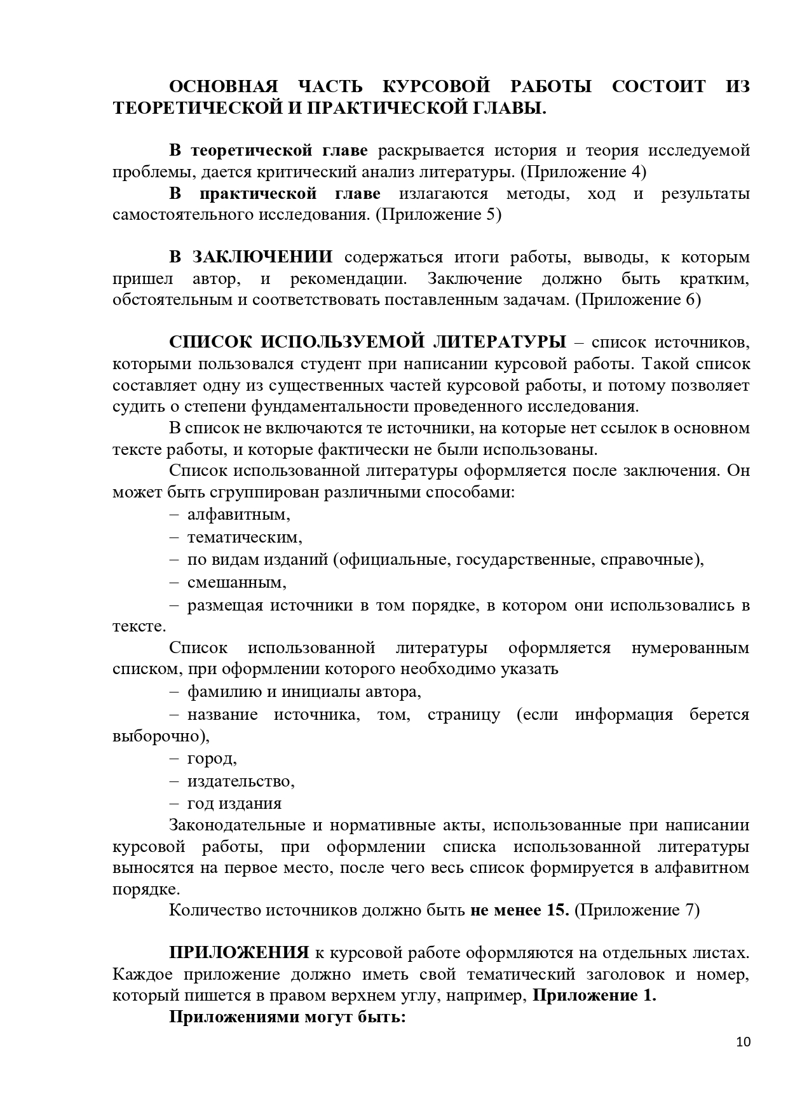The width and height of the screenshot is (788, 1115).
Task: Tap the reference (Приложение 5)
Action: pos(438,215)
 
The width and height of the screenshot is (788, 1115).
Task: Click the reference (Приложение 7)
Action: pos(637,910)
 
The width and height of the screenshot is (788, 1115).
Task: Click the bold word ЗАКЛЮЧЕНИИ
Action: pos(262,257)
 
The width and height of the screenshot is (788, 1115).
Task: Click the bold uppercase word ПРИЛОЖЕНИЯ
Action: pos(239,953)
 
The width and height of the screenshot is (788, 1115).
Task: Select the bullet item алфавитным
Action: pos(238,514)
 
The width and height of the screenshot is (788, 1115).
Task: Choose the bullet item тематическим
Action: pos(245,537)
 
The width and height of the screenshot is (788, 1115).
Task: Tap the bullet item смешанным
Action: pos(236,582)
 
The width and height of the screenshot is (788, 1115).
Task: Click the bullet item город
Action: pos(212,759)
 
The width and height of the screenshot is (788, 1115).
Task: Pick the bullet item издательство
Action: pos(241,781)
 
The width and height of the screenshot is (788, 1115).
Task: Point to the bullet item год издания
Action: pos(234,803)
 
